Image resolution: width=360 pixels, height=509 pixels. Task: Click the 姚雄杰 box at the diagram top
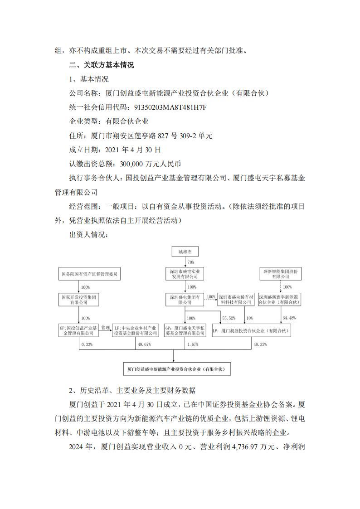pyautogui.click(x=185, y=252)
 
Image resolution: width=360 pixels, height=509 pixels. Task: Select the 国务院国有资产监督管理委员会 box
pyautogui.click(x=91, y=274)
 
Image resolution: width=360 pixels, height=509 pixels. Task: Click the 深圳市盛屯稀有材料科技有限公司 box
pyautogui.click(x=234, y=300)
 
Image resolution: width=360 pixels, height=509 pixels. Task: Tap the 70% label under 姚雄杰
pyautogui.click(x=191, y=262)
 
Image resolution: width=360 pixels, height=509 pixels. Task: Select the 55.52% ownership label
pyautogui.click(x=228, y=318)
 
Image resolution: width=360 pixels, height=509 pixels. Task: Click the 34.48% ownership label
pyautogui.click(x=289, y=318)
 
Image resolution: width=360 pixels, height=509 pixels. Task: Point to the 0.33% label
pyautogui.click(x=87, y=344)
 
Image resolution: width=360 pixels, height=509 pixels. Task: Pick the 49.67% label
pyautogui.click(x=144, y=344)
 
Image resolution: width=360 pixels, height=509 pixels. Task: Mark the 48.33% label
pyautogui.click(x=260, y=344)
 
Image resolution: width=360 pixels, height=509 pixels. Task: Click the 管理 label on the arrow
pyautogui.click(x=106, y=327)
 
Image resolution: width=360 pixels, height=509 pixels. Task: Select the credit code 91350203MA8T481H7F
pyautogui.click(x=162, y=107)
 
